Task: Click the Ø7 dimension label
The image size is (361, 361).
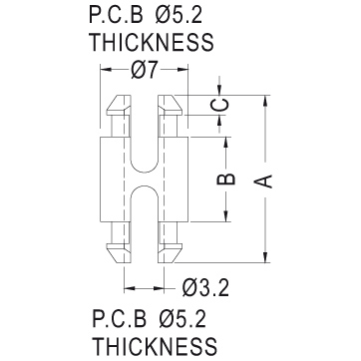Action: tap(144, 71)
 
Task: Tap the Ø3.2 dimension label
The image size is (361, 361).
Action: tap(205, 288)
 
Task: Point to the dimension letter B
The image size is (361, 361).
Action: tap(226, 179)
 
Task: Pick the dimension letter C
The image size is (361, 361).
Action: tap(219, 105)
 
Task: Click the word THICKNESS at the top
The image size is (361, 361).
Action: tap(153, 42)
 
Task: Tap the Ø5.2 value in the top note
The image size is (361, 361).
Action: tap(179, 15)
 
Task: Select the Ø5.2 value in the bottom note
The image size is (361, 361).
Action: tap(182, 319)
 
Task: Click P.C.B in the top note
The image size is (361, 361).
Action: tap(116, 15)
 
